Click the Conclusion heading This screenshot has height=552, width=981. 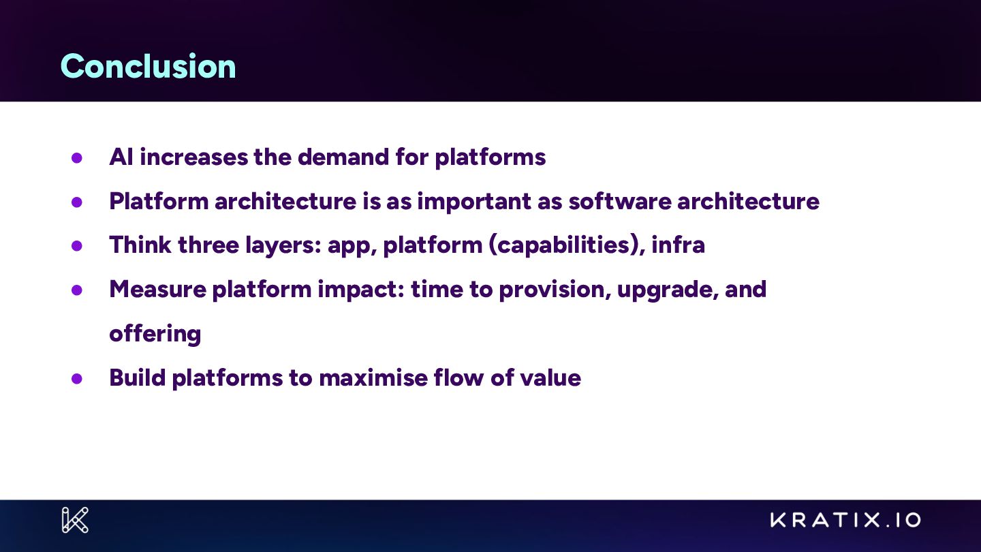tap(148, 66)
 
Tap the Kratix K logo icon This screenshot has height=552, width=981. tap(76, 520)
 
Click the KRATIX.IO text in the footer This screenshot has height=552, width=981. tap(845, 520)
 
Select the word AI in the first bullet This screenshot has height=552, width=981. tap(121, 157)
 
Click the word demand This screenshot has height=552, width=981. tap(343, 157)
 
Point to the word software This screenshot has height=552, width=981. tap(620, 202)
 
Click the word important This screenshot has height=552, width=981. tap(474, 202)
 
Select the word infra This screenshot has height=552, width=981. tap(678, 245)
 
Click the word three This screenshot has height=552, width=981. tap(208, 245)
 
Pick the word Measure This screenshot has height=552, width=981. tap(157, 290)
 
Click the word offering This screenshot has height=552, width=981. tap(155, 334)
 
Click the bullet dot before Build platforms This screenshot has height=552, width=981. tap(76, 378)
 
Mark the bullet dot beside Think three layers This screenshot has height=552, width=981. tap(76, 245)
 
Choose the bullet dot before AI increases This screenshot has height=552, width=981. tap(76, 157)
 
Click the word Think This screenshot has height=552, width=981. tap(140, 245)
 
